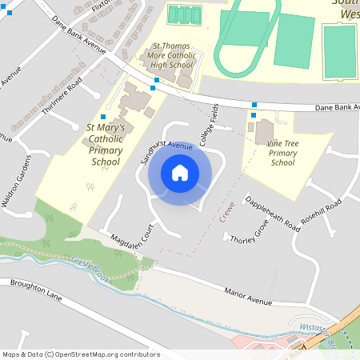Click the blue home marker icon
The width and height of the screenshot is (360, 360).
pos(179,173)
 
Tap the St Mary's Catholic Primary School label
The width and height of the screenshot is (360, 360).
pos(105,144)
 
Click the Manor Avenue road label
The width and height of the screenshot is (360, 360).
pos(249,295)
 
